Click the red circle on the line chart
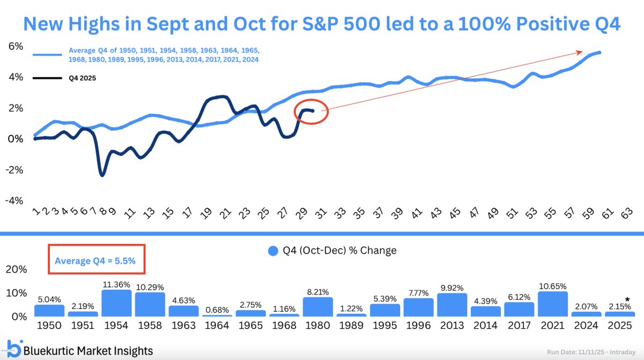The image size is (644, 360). (311, 112)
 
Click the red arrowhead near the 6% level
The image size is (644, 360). (580, 52)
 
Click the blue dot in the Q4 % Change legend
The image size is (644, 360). (273, 251)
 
